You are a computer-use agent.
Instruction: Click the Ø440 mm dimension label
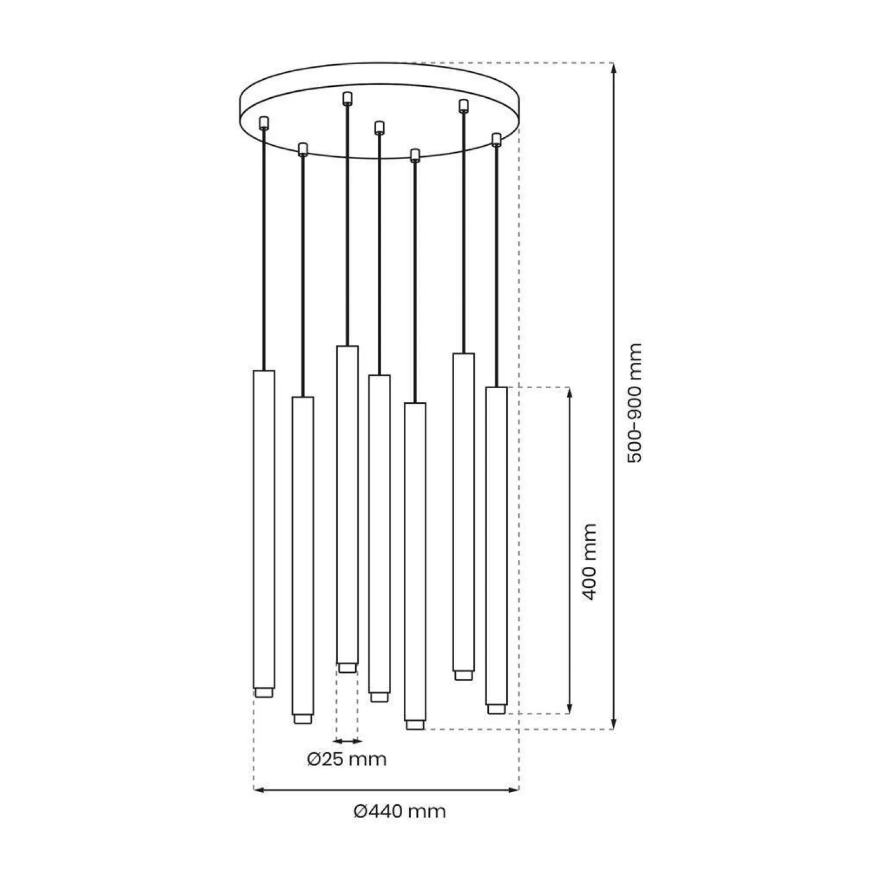[400, 811]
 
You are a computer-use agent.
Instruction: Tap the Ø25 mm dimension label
[347, 759]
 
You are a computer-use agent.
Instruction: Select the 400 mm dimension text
[588, 562]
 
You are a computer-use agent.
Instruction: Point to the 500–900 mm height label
[635, 403]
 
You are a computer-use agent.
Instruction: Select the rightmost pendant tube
[496, 544]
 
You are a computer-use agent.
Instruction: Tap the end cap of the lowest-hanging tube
[414, 724]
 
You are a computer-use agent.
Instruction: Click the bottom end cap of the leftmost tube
[264, 692]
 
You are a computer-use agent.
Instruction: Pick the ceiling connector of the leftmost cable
[264, 122]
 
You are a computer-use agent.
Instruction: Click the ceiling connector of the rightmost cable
[496, 139]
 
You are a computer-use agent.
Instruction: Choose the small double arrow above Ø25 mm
[347, 741]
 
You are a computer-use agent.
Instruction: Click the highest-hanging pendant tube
[347, 503]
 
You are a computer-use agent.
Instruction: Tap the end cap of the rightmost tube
[496, 709]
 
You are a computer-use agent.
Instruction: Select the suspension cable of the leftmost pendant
[264, 249]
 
